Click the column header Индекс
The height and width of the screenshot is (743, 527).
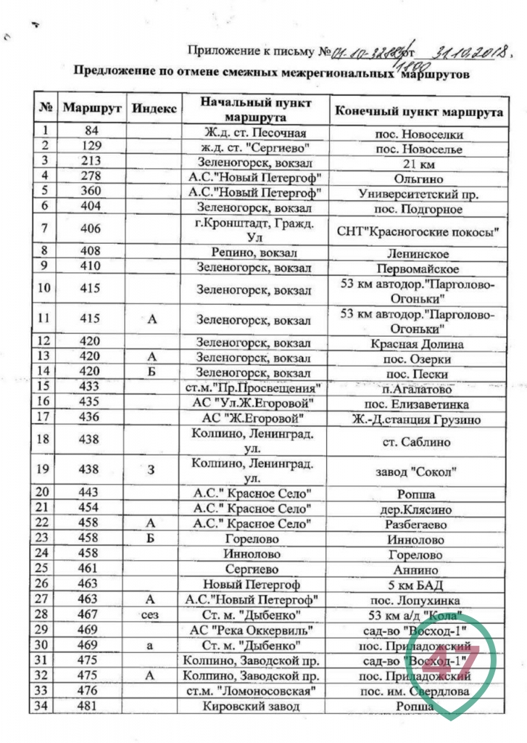pyautogui.click(x=154, y=107)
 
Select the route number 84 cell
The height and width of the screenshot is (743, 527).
pyautogui.click(x=91, y=133)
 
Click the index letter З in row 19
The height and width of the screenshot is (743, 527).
pyautogui.click(x=152, y=471)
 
